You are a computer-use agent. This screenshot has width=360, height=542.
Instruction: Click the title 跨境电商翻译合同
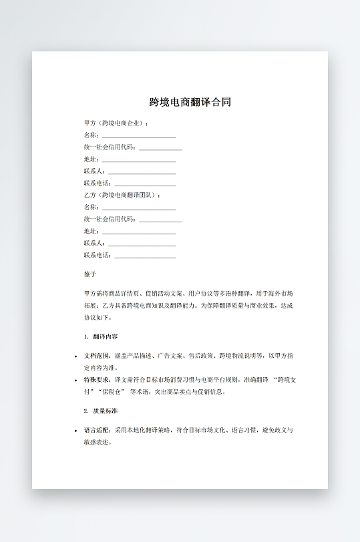pyautogui.click(x=190, y=103)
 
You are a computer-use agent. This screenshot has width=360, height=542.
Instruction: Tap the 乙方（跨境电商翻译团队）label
pyautogui.click(x=122, y=195)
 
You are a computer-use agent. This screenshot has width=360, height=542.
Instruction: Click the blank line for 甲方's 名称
pyautogui.click(x=139, y=135)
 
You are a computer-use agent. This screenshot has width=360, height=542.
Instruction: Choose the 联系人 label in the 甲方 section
pyautogui.click(x=91, y=172)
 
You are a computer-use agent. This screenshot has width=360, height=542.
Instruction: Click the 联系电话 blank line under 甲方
pyautogui.click(x=146, y=184)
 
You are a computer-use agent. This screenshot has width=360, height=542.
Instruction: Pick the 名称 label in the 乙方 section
pyautogui.click(x=91, y=207)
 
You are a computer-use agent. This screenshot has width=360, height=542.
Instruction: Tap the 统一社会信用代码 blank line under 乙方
pyautogui.click(x=160, y=219)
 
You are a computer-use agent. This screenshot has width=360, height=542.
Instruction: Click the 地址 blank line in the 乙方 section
pyautogui.click(x=139, y=231)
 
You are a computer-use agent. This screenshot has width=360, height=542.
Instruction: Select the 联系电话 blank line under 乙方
pyautogui.click(x=146, y=255)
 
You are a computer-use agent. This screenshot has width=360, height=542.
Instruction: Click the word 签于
pyautogui.click(x=90, y=274)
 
